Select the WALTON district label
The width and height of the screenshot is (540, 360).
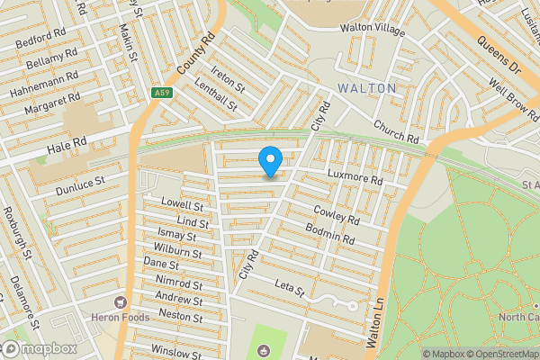(367, 88)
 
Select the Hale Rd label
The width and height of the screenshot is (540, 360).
(67, 142)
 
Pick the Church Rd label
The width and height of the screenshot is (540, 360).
(398, 132)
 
